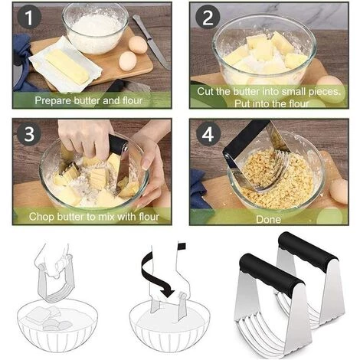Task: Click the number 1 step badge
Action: [29, 17]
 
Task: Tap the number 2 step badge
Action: [208, 18]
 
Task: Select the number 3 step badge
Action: [29, 133]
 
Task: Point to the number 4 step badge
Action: [208, 134]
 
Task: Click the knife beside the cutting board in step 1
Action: [151, 41]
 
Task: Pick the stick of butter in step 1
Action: [67, 67]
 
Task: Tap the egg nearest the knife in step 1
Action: [138, 44]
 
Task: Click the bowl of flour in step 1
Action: [96, 28]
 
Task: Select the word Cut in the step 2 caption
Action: [205, 91]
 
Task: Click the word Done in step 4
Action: [268, 220]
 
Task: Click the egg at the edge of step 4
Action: [339, 191]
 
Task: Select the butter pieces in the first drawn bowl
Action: [47, 317]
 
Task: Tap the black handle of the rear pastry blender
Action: [308, 251]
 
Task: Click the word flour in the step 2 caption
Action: [299, 103]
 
